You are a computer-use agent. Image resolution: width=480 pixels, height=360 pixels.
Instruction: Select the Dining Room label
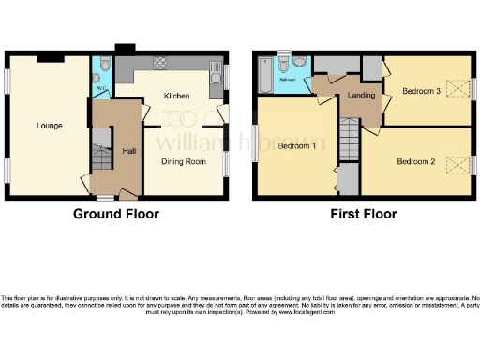(182, 162)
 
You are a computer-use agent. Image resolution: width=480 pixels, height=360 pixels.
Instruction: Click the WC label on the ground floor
(100, 90)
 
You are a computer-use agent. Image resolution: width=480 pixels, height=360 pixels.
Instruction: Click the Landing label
(361, 96)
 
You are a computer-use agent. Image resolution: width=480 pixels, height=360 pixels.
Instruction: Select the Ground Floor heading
(116, 214)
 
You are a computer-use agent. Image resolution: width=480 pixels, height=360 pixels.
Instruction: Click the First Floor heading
(363, 214)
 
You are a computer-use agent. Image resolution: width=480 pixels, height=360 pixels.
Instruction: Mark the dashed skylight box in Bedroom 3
(457, 89)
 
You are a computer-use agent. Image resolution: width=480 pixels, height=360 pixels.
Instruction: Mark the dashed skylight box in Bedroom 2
(457, 165)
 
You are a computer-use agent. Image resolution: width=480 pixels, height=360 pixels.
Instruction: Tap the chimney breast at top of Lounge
(51, 58)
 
